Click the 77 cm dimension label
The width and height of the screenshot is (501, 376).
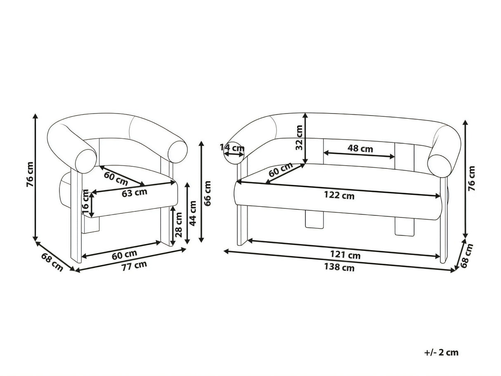point(134,266)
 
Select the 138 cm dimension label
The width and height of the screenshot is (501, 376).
point(339,267)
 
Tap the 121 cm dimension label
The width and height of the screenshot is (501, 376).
point(345,255)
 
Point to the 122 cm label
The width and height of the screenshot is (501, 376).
point(339,196)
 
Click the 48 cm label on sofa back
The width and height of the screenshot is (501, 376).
point(360,149)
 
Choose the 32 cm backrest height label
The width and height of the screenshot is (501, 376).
point(299,137)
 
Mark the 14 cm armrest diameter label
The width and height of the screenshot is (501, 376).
point(232,148)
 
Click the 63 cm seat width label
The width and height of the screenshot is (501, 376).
point(135,192)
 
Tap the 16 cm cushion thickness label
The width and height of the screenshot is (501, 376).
point(85,201)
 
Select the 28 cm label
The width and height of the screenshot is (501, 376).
point(179,225)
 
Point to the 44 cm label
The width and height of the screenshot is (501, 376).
point(193,213)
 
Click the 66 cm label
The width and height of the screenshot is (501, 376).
point(207,194)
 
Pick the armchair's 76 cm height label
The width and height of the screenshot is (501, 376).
point(30,175)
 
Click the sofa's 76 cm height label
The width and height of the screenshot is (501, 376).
point(472,179)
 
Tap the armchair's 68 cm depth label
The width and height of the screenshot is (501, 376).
point(52,262)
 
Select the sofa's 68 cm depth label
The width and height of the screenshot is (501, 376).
point(466,256)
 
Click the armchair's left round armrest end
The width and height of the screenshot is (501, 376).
point(85,161)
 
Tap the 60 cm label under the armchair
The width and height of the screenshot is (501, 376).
point(124,255)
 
